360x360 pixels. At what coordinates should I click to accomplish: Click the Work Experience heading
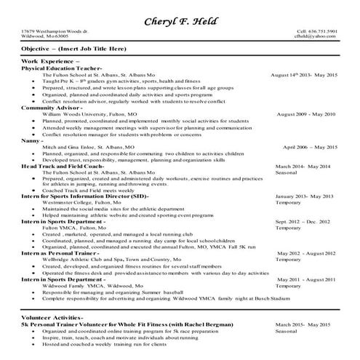[50, 63]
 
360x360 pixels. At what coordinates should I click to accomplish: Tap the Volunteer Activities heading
[52, 317]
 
